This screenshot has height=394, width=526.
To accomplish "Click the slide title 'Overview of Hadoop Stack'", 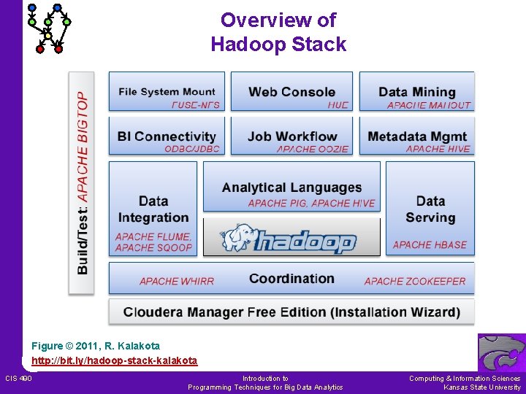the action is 278,32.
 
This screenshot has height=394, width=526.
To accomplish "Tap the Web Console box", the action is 291,92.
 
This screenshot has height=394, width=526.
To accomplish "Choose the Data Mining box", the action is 416,92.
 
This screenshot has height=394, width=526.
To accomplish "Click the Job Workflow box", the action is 291,136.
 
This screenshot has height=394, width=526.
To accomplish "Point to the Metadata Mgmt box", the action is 416,136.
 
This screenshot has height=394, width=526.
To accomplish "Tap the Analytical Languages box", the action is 291,188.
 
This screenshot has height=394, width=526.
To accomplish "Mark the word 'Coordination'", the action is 291,279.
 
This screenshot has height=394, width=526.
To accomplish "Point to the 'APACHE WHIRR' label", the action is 176,281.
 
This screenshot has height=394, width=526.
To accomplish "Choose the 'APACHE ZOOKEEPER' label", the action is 414,281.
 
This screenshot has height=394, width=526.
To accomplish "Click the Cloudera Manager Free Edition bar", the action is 291,312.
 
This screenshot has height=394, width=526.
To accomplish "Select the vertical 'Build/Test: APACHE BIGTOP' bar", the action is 82,182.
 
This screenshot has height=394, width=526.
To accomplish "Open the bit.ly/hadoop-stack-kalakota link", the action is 114,360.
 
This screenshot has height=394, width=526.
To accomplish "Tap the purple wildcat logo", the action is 501,352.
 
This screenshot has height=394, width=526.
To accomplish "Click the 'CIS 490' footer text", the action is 18,378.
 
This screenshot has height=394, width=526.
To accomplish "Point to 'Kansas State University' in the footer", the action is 482,387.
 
